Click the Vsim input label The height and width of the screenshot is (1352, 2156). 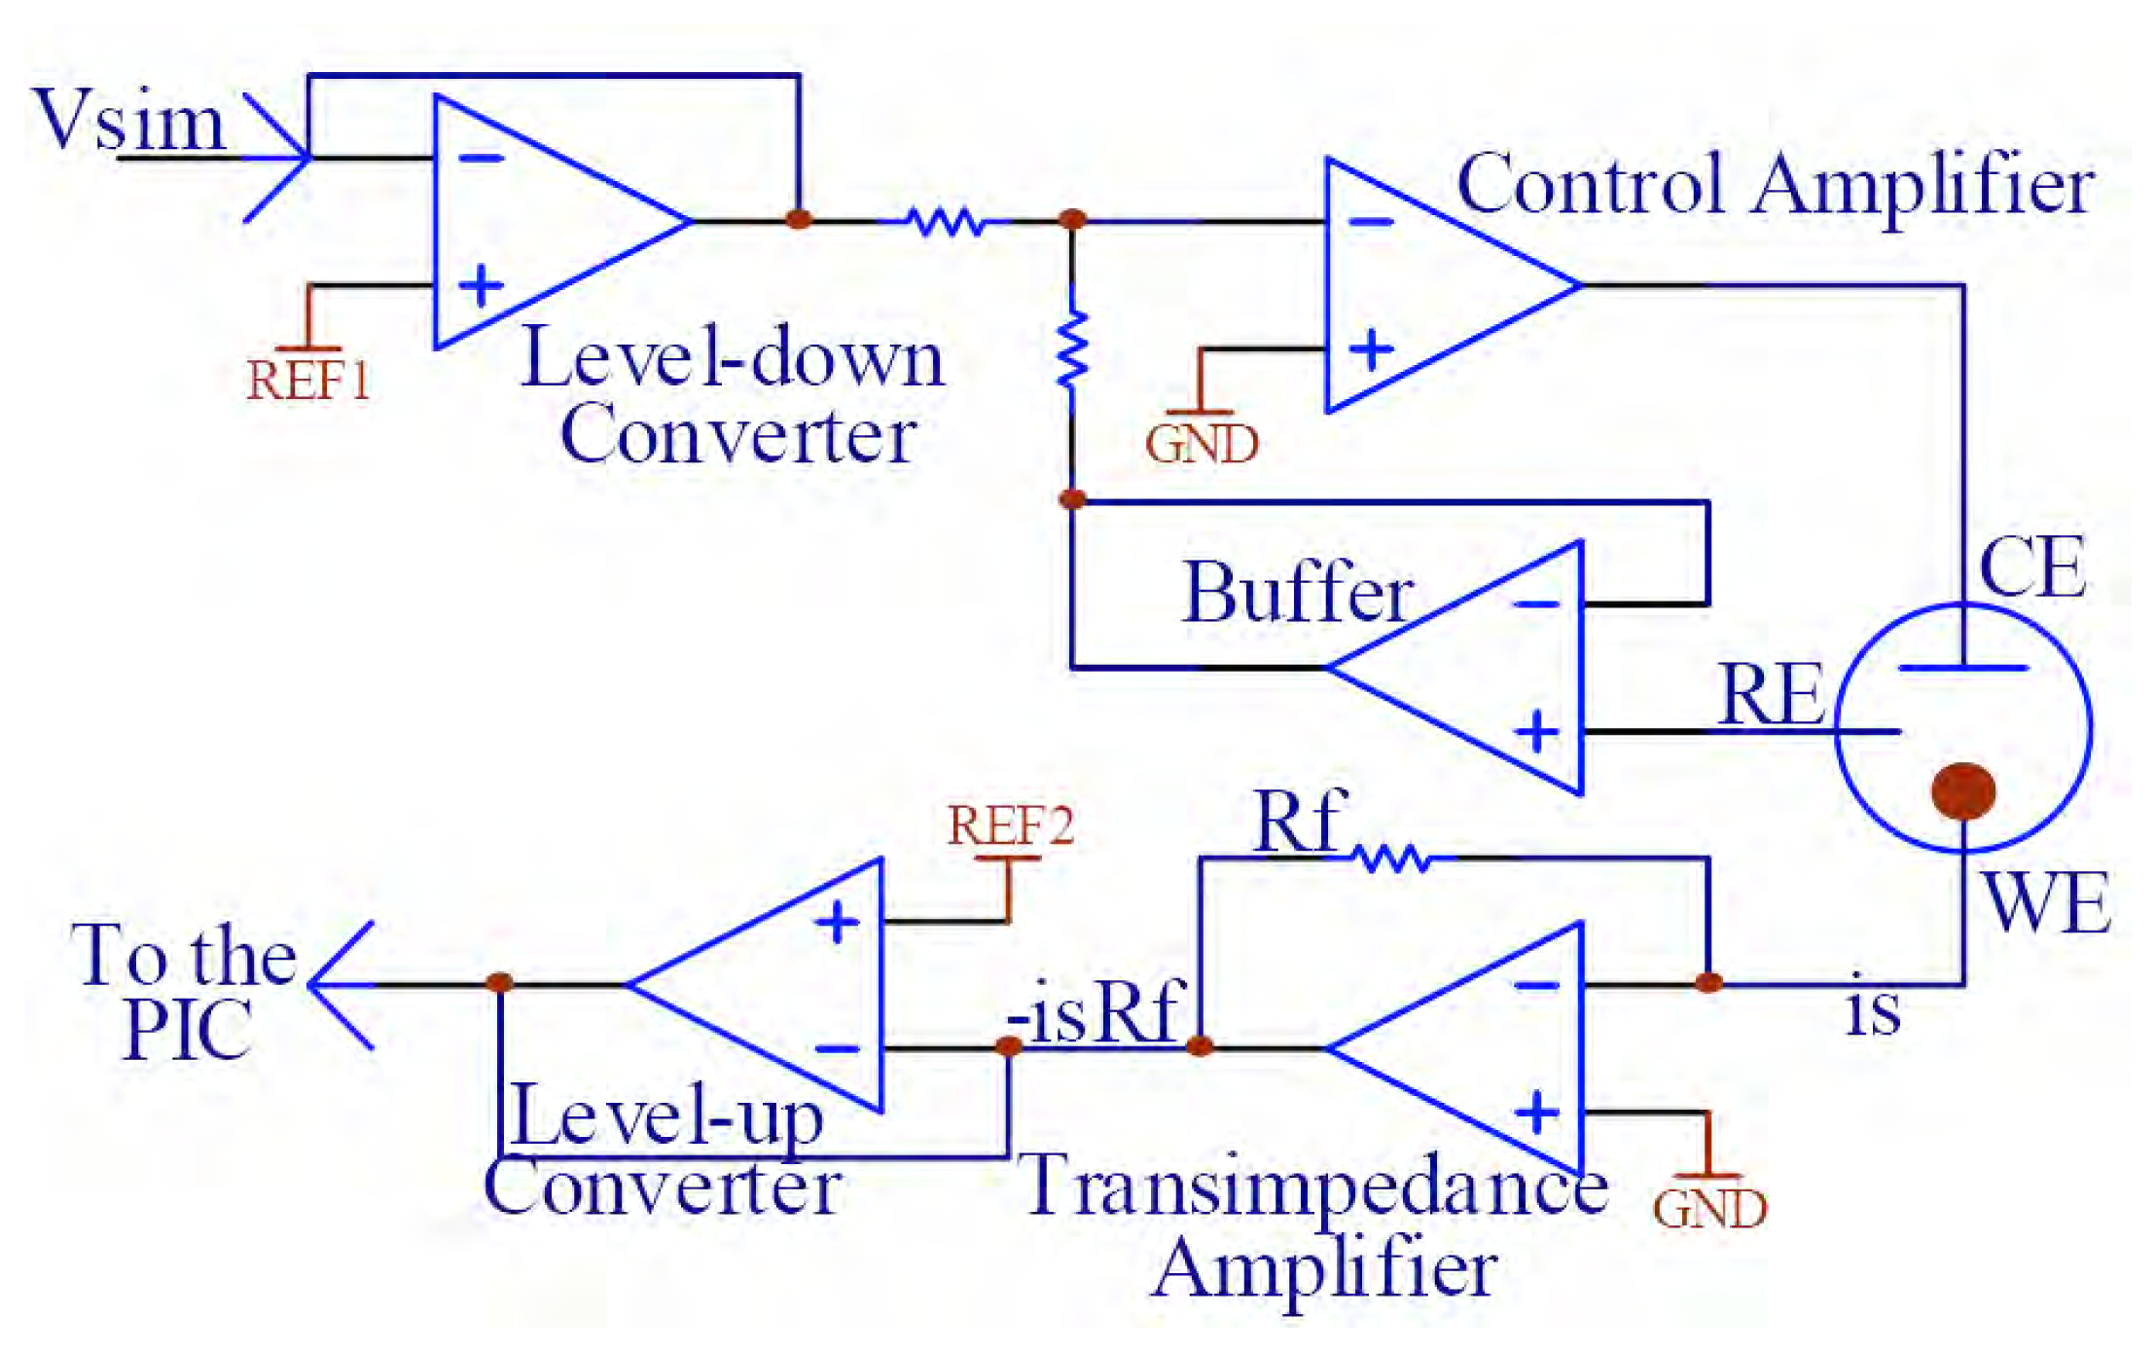128,121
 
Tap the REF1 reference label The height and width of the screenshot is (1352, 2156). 307,381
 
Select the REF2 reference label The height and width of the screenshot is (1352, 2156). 1010,825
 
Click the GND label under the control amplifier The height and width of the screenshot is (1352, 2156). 1202,445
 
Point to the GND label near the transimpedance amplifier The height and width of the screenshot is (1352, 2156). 1709,1210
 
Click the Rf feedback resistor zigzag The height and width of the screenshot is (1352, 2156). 1392,859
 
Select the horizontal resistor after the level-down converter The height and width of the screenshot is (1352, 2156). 944,222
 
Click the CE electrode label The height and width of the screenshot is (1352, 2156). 2031,567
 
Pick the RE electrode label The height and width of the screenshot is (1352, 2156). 1771,695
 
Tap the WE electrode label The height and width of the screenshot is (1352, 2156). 2045,903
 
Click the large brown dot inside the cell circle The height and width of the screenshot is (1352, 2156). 1963,790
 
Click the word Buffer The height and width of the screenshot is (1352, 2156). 1297,593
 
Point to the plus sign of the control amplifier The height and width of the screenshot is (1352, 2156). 1372,349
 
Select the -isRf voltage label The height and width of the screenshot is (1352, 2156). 1096,1012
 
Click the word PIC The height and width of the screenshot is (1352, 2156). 188,1031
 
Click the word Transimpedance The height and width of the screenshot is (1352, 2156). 1316,1185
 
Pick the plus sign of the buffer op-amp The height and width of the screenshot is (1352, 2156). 1537,731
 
